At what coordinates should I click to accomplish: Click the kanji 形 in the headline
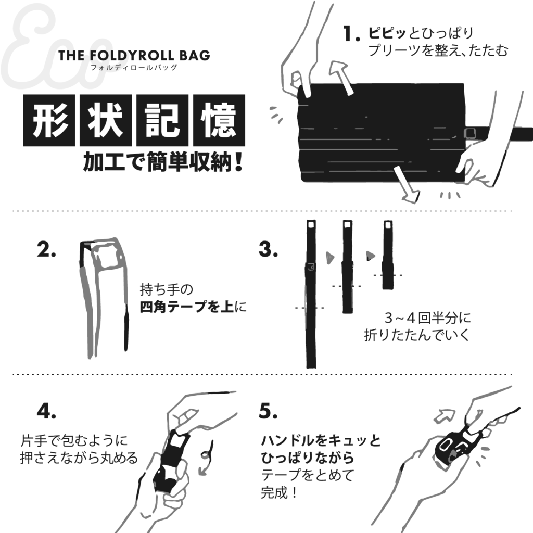[x=49, y=120]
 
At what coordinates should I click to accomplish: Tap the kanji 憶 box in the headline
[x=219, y=120]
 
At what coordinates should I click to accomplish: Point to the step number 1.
[x=351, y=34]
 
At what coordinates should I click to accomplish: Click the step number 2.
[x=46, y=249]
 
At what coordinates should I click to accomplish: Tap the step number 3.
[x=268, y=249]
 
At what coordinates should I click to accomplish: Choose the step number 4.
[x=46, y=411]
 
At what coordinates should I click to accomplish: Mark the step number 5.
[x=268, y=411]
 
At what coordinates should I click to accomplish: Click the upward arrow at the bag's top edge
[x=342, y=78]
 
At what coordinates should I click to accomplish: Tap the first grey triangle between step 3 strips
[x=329, y=257]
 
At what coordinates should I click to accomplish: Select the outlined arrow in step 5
[x=445, y=416]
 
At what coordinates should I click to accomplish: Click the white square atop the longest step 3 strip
[x=311, y=225]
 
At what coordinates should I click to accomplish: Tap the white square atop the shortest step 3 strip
[x=388, y=225]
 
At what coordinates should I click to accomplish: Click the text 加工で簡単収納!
[x=163, y=162]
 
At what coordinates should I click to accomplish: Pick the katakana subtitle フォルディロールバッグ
[x=134, y=67]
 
